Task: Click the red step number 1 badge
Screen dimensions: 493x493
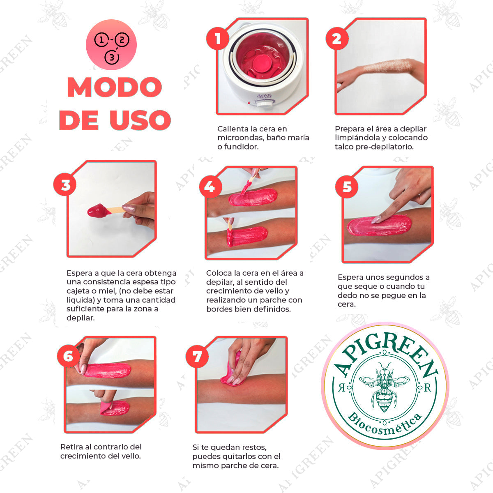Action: pos(218,39)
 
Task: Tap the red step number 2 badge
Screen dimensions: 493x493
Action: pos(337,39)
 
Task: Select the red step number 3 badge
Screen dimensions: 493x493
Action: pos(65,185)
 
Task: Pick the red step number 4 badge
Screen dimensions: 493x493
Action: pos(210,187)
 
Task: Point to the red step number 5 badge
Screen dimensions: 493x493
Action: pos(347,187)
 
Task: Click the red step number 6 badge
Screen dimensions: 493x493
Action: pos(68,356)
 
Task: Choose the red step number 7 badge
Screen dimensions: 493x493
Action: pos(197,356)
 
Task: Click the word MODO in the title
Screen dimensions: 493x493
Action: pos(115,87)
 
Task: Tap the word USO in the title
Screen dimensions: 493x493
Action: pos(140,120)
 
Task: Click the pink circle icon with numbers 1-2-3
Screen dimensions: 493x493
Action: pos(111,45)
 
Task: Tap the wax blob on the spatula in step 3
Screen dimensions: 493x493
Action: pos(97,211)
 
